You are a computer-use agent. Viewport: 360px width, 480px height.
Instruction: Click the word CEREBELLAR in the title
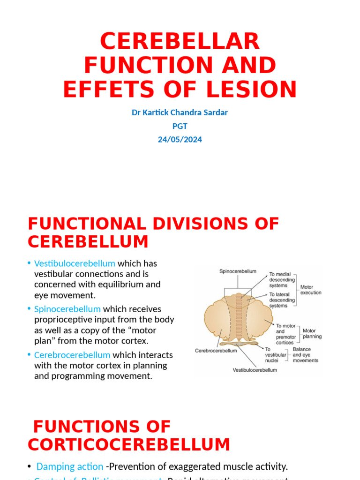pos(180,42)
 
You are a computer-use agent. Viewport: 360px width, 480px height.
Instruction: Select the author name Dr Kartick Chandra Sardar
pos(180,112)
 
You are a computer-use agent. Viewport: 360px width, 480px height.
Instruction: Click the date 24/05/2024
pos(180,140)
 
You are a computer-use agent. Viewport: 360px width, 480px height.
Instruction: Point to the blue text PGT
pos(180,126)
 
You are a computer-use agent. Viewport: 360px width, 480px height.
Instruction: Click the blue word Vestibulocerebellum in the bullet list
pos(75,263)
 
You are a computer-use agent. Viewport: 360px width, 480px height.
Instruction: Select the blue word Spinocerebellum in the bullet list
pos(67,309)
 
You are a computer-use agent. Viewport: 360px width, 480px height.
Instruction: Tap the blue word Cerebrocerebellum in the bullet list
pos(72,355)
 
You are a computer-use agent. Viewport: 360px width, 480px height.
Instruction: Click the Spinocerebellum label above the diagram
pos(238,271)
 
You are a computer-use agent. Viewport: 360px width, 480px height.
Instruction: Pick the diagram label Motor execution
pos(311,290)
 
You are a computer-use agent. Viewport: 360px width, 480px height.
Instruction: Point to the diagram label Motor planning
pos(312,333)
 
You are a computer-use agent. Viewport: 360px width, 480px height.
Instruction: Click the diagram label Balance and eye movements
pos(305,355)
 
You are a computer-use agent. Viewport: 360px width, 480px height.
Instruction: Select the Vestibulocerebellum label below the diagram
pos(255,370)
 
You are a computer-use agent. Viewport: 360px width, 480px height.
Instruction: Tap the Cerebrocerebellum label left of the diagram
pos(216,351)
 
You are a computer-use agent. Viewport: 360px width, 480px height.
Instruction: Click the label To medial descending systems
pos(282,280)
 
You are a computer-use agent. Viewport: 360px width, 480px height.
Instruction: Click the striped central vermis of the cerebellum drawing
pos(240,319)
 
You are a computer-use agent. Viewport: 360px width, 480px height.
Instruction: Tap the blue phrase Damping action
pos(70,466)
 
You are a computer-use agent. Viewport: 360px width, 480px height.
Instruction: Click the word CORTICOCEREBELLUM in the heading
pos(129,444)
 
